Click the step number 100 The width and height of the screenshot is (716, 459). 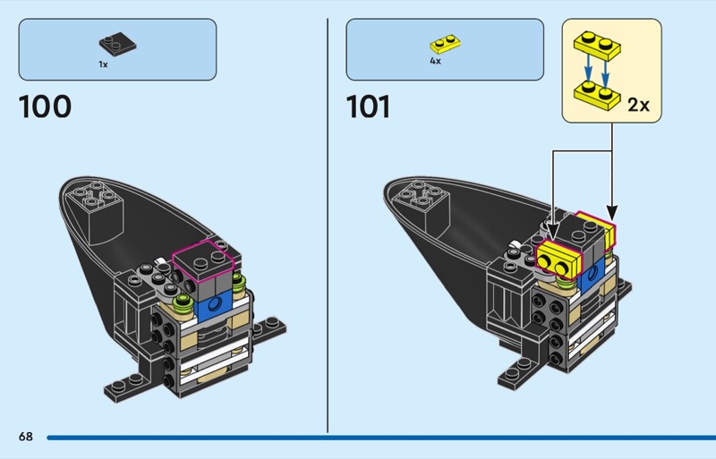[x=45, y=107]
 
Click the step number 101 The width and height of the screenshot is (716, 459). [x=368, y=107]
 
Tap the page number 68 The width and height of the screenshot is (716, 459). [x=25, y=437]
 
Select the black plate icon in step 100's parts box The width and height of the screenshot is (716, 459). [x=115, y=41]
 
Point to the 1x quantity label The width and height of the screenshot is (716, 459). [x=104, y=64]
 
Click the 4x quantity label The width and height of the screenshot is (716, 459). [x=435, y=62]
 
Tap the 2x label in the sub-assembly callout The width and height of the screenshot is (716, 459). [x=638, y=105]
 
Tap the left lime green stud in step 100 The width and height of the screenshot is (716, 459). [x=184, y=301]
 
